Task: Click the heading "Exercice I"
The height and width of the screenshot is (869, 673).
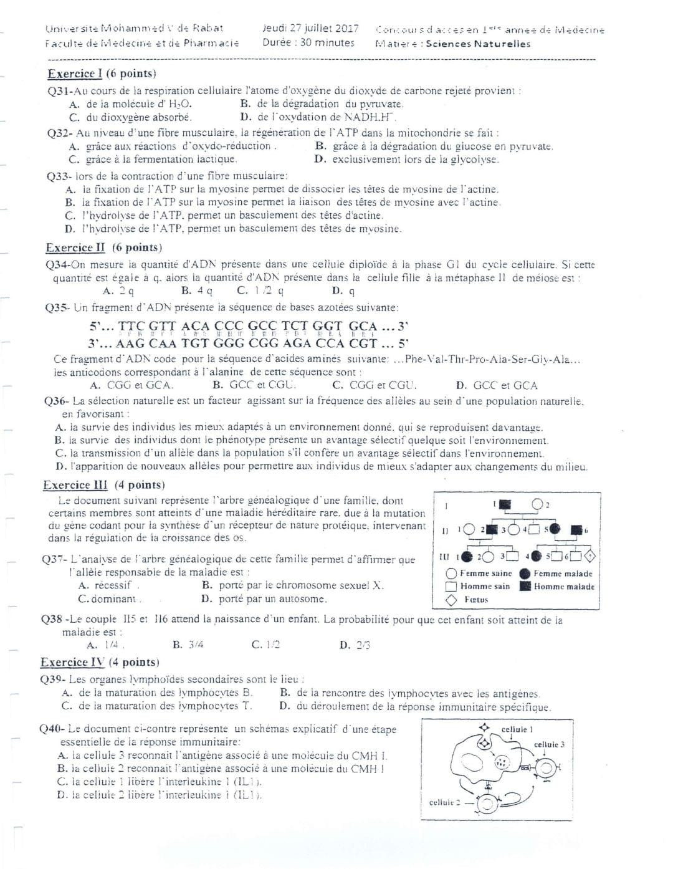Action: click(75, 74)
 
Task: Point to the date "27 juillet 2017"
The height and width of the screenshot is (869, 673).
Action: click(321, 29)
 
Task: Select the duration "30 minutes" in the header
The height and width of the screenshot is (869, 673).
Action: click(327, 43)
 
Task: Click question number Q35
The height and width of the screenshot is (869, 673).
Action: click(58, 307)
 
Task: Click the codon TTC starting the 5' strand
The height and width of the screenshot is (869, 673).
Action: click(131, 326)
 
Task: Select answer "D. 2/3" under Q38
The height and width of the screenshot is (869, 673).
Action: click(355, 645)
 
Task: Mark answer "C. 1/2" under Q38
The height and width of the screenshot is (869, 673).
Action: click(265, 645)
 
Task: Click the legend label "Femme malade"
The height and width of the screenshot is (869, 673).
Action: click(563, 574)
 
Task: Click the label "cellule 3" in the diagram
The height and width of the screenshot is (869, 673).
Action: click(550, 744)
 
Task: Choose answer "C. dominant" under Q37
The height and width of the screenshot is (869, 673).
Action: click(109, 599)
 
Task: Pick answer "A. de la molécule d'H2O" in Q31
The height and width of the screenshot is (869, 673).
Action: click(131, 104)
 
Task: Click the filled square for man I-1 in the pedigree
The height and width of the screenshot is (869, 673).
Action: click(505, 503)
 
